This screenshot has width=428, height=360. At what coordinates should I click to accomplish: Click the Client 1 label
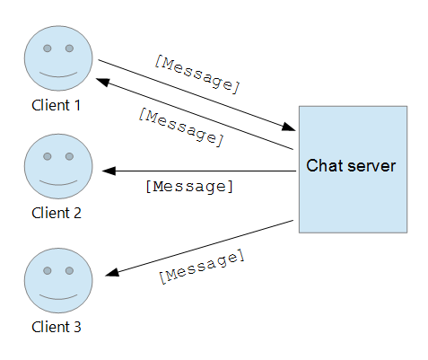pos(57,105)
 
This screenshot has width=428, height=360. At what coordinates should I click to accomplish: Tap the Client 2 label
pos(57,213)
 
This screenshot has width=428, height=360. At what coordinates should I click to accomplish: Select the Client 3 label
pos(57,327)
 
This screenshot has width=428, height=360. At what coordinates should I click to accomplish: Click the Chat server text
pos(351,165)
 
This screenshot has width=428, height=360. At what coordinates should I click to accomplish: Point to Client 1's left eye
pos(48,48)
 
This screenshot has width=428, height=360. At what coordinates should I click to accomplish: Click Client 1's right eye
pos(69,48)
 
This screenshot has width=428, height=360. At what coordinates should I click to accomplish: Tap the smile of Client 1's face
pos(58,75)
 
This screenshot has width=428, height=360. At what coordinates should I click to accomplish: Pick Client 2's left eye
pos(48,156)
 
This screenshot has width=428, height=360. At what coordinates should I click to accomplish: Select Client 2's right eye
pos(69,156)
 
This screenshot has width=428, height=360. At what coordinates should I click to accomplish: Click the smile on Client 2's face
pos(58,182)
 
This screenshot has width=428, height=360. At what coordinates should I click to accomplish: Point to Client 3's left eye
pos(48,270)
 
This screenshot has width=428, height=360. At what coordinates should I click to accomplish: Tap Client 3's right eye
pos(69,270)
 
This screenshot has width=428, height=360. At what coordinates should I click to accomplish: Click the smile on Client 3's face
pos(58,297)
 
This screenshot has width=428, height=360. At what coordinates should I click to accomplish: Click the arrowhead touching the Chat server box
pos(289,127)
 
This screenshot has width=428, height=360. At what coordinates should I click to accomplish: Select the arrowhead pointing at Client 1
pos(102,82)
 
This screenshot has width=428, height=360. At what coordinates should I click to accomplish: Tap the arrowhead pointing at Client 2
pos(109,171)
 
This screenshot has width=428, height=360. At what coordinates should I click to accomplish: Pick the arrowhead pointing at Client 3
pos(112,272)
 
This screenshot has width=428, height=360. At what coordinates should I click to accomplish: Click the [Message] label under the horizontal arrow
pos(189,187)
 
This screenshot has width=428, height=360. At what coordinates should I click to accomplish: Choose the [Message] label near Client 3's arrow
pos(202,267)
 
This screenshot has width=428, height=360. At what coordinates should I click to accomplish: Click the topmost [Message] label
pos(197,75)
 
